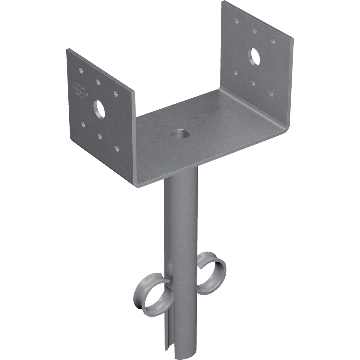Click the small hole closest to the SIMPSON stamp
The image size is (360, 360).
click(x=80, y=71)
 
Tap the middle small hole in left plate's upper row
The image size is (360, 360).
click(x=98, y=81)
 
